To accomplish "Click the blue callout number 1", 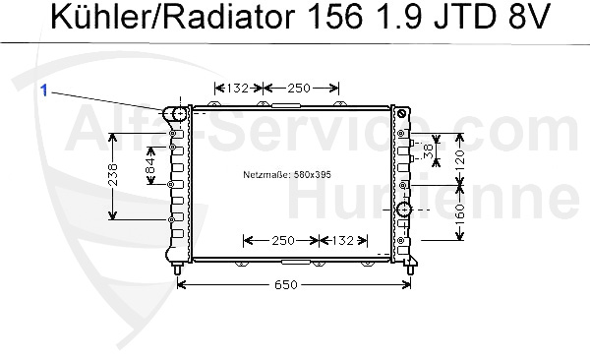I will tap(44, 89).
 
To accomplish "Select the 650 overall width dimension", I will tap(285, 285).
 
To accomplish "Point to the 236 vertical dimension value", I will tap(114, 175).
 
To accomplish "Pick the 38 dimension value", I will tap(428, 150).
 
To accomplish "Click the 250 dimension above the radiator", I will tap(299, 89).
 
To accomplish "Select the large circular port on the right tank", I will tap(403, 210).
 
